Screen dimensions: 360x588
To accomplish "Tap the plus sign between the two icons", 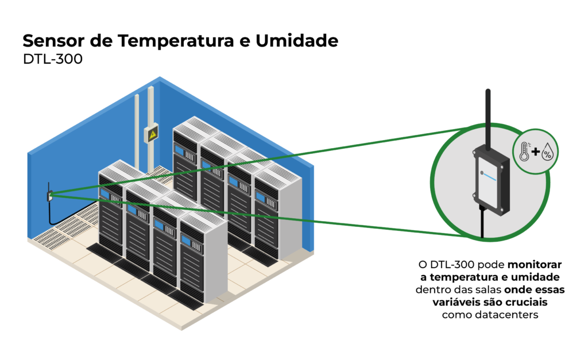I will tap(535, 152).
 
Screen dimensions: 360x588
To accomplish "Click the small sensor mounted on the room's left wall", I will tap(50, 195).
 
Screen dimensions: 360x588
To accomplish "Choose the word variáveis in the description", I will tap(456, 303).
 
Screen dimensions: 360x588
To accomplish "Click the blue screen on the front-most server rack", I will tap(186, 239).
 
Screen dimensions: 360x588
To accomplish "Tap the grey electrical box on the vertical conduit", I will tap(152, 133).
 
